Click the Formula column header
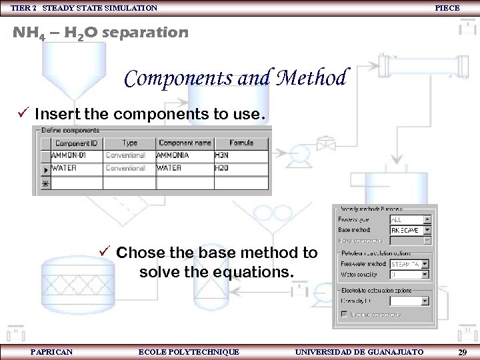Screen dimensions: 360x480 pyautogui.click(x=241, y=143)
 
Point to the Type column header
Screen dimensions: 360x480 pyautogui.click(x=129, y=143)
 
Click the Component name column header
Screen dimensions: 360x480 pyautogui.click(x=185, y=143)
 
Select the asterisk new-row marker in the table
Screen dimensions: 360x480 pyautogui.click(x=45, y=182)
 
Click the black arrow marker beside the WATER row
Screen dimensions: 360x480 pyautogui.click(x=45, y=169)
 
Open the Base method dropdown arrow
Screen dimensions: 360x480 pyautogui.click(x=427, y=230)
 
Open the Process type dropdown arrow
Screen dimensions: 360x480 pyautogui.click(x=427, y=219)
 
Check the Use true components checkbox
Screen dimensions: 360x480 pyautogui.click(x=345, y=313)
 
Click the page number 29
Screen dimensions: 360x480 pyautogui.click(x=462, y=351)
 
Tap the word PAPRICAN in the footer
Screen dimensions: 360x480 pyautogui.click(x=52, y=351)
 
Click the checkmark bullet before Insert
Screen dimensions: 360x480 pyautogui.click(x=25, y=114)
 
